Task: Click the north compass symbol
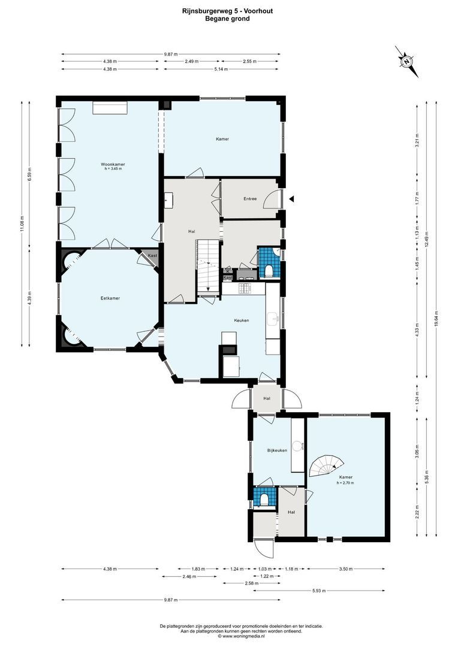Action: pyautogui.click(x=408, y=61)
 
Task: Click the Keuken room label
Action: pyautogui.click(x=242, y=321)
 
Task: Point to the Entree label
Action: pyautogui.click(x=251, y=199)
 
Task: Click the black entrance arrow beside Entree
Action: pyautogui.click(x=291, y=199)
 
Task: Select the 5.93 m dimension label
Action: pyautogui.click(x=320, y=591)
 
